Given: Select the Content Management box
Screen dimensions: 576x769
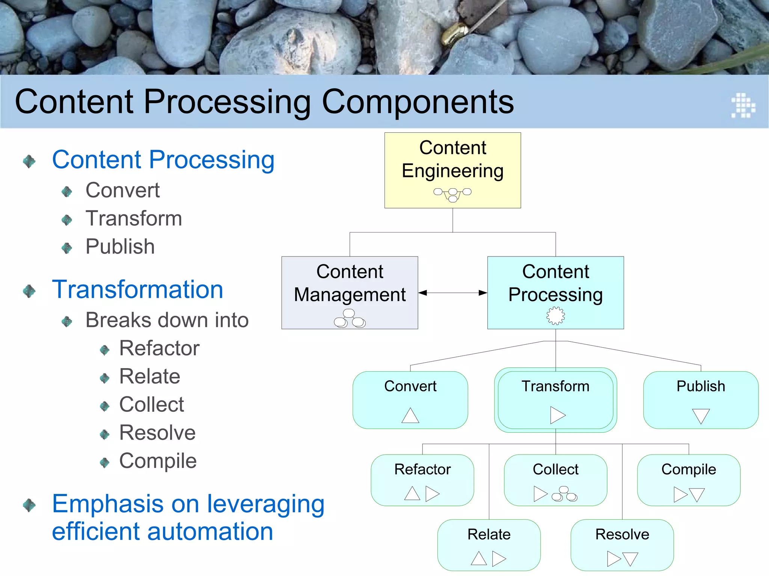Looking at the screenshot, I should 350,292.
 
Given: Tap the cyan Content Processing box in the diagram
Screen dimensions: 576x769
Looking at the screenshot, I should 555,292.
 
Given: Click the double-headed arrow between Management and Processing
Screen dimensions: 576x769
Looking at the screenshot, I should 452,293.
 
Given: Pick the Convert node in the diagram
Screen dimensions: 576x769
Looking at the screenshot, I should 410,400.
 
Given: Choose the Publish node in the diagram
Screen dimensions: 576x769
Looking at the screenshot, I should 701,400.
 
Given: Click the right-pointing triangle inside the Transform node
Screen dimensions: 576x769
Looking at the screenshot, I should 557,415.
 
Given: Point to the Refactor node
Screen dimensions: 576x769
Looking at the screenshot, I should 422,480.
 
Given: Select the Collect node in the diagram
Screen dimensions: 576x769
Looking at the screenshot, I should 555,480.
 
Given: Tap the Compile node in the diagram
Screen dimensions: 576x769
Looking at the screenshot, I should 689,480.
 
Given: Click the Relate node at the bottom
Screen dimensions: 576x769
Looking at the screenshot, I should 489,545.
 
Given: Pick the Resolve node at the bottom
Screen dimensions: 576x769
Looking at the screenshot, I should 622,545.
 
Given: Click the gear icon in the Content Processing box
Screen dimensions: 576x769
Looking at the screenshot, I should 555,315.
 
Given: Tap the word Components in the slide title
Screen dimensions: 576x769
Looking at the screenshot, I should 418,102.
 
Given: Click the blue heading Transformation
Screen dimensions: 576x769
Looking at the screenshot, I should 137,289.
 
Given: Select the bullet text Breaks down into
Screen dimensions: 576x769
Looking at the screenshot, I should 167,320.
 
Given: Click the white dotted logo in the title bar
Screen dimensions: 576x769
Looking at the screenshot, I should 743,105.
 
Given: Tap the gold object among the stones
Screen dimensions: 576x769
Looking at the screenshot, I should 453,33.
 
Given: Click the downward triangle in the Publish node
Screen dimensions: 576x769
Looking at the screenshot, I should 701,416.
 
